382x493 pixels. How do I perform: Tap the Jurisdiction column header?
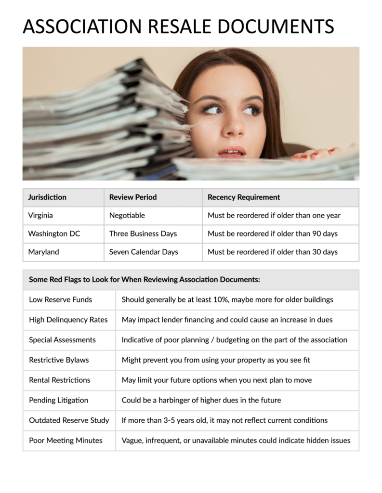coord(47,197)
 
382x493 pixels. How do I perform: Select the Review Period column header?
coord(133,197)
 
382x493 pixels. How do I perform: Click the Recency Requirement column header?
coord(244,197)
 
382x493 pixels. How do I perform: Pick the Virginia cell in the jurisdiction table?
coord(40,215)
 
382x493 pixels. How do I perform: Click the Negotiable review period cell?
coord(127,215)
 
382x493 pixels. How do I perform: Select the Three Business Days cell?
coord(143,234)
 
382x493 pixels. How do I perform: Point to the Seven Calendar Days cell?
coord(144,252)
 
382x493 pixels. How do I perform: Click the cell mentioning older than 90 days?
coord(273,234)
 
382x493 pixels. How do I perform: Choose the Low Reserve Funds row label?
coord(60,299)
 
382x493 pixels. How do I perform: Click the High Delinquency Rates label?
coord(68,320)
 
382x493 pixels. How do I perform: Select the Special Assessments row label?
coord(62,340)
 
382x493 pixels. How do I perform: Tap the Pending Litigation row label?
coord(58,400)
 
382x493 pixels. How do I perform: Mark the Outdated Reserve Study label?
coord(69,420)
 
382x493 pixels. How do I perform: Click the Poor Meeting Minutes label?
coord(66,441)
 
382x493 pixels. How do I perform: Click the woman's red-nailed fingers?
coord(316,154)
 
